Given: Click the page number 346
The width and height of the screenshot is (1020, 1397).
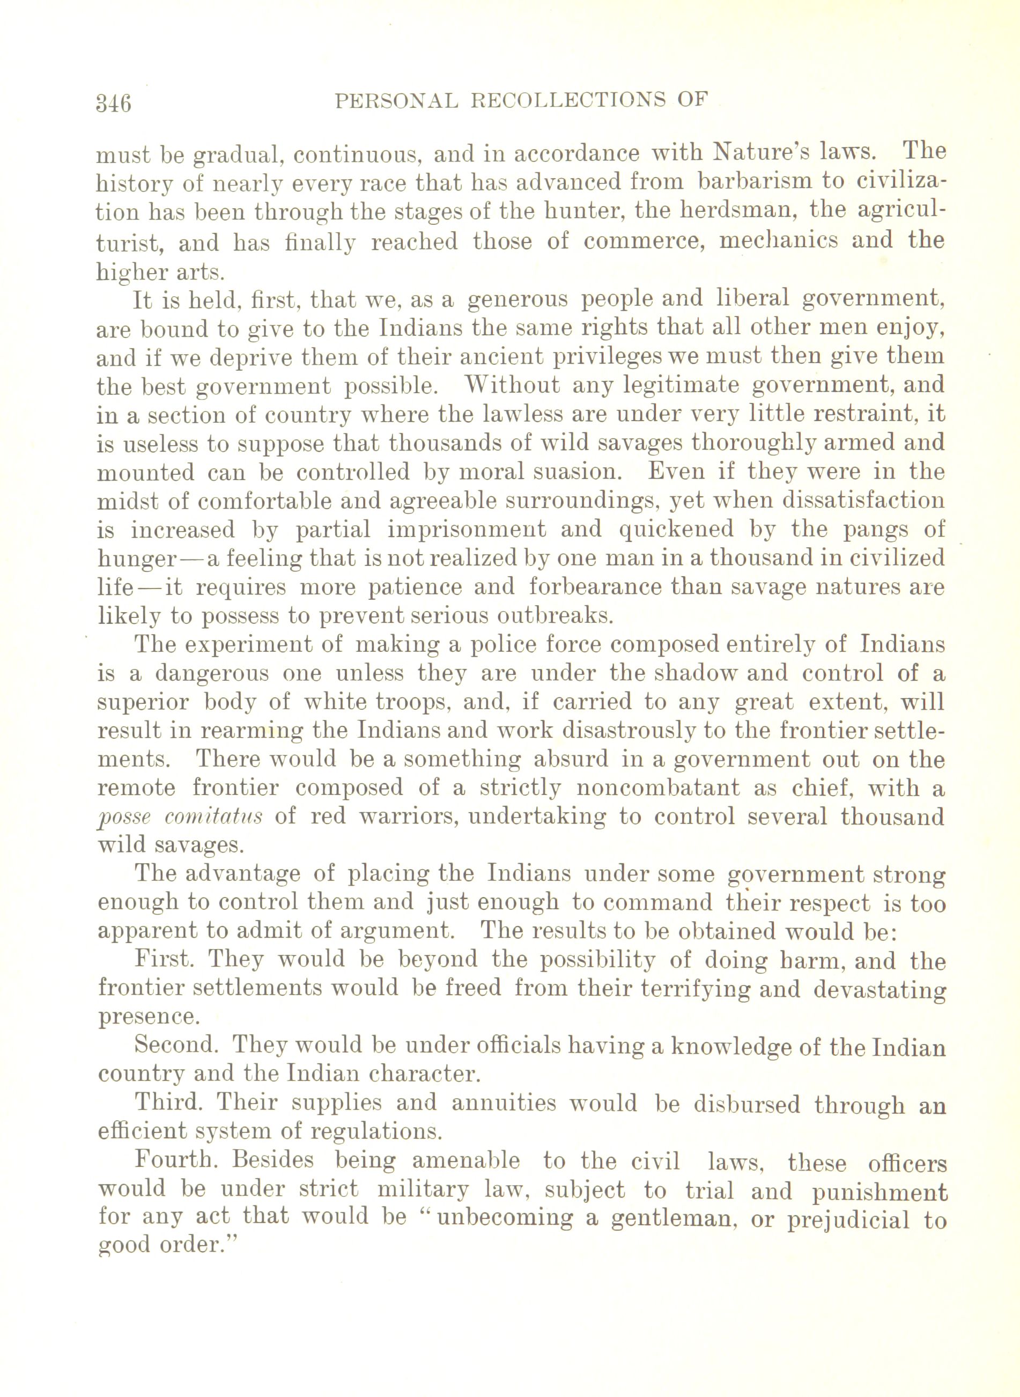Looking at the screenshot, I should click(114, 102).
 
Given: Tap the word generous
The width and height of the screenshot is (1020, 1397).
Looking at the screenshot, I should click(518, 299).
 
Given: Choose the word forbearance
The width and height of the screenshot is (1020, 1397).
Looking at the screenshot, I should click(592, 587).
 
